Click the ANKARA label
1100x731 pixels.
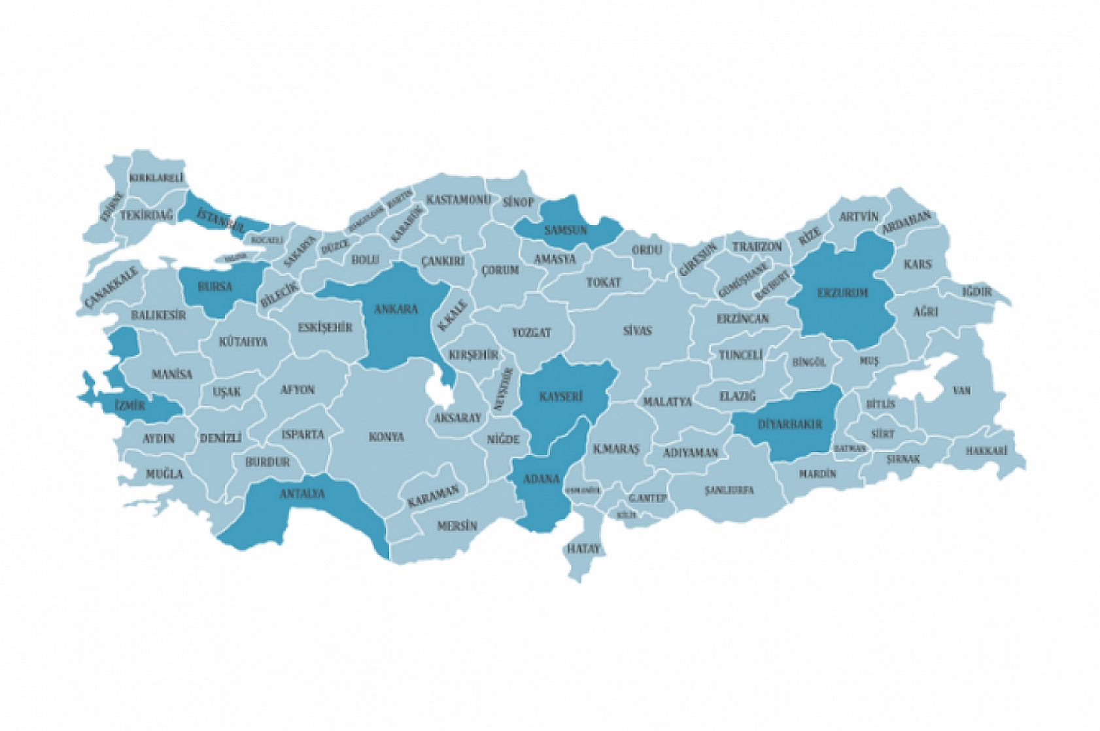pos(396,309)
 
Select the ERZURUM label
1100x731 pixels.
pos(842,292)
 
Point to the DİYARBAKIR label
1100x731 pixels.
pos(789,424)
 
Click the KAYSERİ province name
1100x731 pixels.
pos(561,397)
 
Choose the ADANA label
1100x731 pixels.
pos(541,479)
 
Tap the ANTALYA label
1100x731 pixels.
pos(302,494)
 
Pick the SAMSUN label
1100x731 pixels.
pos(566,230)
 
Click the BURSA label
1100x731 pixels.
pos(215,286)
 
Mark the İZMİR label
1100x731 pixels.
pos(129,406)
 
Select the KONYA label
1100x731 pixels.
pos(386,437)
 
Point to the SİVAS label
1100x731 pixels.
pos(637,331)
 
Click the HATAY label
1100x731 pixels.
pos(583,549)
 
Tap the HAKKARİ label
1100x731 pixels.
pos(986,451)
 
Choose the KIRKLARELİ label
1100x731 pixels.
pos(156,178)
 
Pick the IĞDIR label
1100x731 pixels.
pos(976,292)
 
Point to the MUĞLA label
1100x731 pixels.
pos(164,474)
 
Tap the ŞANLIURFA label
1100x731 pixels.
pos(729,490)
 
